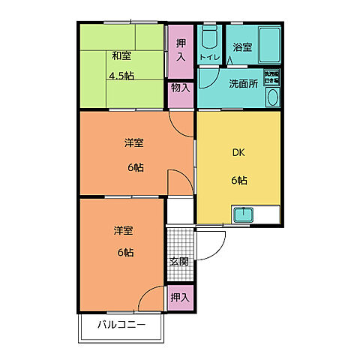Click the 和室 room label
click(x=122, y=55)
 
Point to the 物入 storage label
click(x=180, y=88)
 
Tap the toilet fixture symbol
click(x=210, y=37)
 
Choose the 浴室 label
click(x=241, y=48)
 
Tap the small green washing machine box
click(x=271, y=76)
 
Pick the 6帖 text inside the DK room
click(x=239, y=181)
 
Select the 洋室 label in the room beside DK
click(x=135, y=142)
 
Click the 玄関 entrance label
click(x=178, y=262)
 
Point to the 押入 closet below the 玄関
click(x=178, y=298)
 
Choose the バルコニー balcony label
click(x=121, y=325)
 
